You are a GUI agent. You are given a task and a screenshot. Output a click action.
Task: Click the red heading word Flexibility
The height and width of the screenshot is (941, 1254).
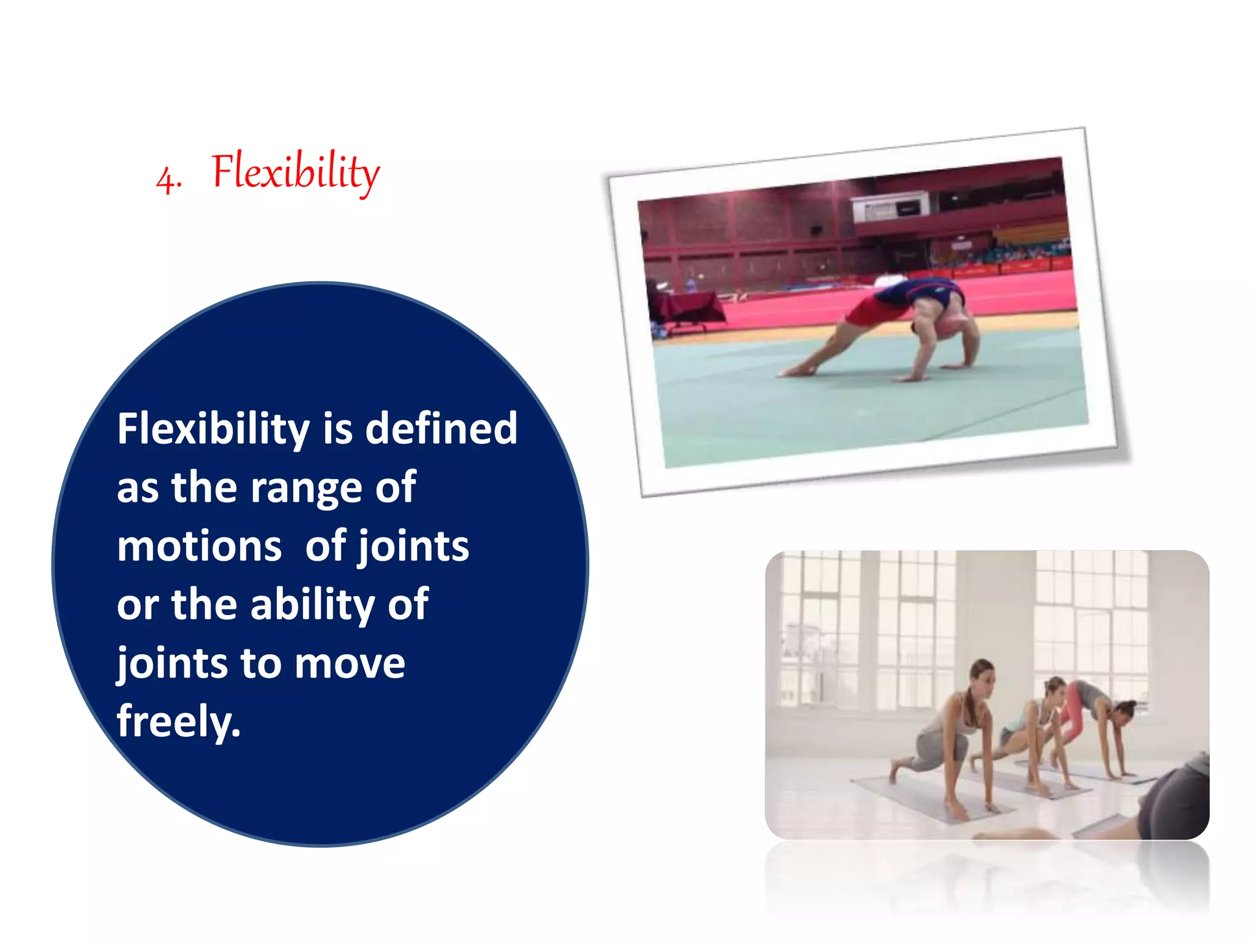pos(295,172)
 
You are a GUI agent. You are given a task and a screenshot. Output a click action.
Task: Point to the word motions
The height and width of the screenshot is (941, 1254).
pos(200,546)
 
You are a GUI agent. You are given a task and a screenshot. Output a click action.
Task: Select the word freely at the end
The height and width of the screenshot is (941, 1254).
pos(178,722)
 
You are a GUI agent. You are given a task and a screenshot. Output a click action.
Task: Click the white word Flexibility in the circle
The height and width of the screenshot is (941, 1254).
pos(213,429)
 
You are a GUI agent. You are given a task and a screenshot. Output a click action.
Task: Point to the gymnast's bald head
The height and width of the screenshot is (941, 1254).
pos(948,327)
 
